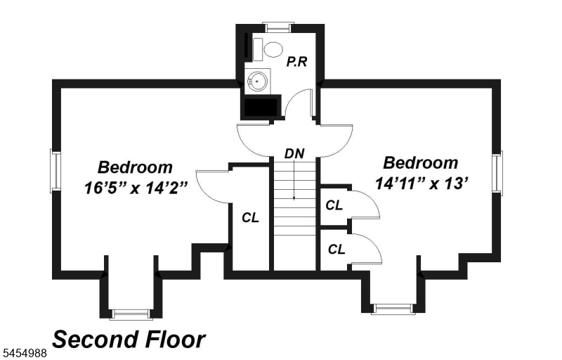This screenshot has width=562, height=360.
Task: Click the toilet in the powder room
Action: [269, 49]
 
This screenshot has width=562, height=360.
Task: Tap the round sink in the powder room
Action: [257, 81]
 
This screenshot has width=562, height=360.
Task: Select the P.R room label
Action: [296, 62]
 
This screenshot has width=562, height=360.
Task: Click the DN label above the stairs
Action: [294, 153]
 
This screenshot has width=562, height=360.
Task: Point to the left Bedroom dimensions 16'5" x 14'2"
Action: [136, 188]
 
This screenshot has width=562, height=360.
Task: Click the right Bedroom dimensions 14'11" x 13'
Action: [422, 184]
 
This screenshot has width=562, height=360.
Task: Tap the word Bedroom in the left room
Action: [135, 167]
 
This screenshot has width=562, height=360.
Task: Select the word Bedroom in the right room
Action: [420, 163]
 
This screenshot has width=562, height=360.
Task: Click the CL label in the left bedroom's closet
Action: [250, 217]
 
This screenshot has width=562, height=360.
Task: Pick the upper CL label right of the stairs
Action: [334, 205]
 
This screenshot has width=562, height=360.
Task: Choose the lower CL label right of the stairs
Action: [336, 249]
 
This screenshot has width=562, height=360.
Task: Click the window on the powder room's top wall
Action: [278, 27]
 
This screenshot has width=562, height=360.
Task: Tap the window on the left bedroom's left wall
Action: [55, 171]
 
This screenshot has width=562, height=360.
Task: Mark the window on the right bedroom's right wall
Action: [497, 173]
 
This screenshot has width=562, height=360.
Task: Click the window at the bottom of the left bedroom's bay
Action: [131, 314]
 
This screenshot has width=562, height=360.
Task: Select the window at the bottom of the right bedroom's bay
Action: [393, 309]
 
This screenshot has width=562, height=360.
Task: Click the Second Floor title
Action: [129, 339]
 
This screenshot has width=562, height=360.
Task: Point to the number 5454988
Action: [23, 353]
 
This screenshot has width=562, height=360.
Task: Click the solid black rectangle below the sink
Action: [261, 107]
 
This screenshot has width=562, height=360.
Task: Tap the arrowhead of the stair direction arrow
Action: [294, 198]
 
